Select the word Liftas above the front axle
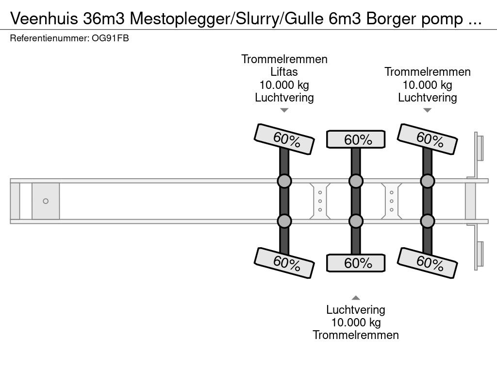284,72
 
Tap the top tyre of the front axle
284,137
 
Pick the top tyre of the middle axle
356,139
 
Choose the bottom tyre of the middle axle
356,263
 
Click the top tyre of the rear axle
427,137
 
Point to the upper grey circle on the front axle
284,182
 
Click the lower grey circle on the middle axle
356,221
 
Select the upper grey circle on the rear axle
427,182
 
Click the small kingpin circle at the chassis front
46,201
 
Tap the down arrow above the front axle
284,111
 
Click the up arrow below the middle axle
356,298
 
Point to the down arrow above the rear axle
427,111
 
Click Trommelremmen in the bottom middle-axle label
356,335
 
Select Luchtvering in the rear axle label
427,98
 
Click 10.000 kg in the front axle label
284,85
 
